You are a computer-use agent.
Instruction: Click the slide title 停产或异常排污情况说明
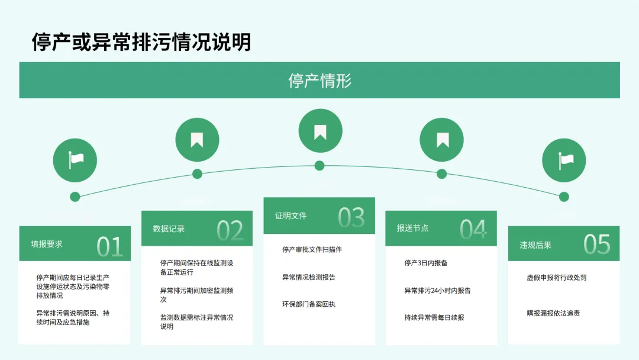point(141,42)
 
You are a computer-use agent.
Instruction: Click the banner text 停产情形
point(319,81)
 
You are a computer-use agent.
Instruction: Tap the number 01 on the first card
point(109,246)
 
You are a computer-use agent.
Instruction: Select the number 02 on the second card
point(230,231)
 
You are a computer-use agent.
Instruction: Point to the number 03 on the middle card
point(351,218)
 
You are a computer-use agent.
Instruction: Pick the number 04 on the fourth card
point(473,230)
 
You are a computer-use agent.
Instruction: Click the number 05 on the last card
point(596,244)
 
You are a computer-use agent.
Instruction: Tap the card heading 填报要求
point(47,244)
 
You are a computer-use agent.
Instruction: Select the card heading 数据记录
point(169,229)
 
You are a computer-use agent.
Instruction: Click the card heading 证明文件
point(291,216)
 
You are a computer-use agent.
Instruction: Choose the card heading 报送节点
point(412,228)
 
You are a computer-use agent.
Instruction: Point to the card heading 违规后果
point(535,245)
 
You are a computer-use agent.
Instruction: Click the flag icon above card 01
point(75,160)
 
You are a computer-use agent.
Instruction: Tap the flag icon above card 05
point(564,160)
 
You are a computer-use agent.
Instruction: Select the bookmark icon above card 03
point(320,131)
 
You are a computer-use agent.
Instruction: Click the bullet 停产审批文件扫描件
point(312,250)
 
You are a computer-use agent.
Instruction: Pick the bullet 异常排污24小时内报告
point(437,291)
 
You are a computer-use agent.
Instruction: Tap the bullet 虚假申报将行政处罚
point(556,277)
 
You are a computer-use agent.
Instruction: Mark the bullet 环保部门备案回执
point(308,304)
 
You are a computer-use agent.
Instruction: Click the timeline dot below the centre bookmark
point(319,165)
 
